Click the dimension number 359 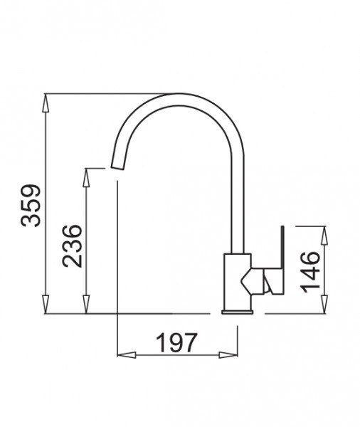click(31, 206)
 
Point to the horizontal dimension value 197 click(175, 344)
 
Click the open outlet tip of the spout click(118, 166)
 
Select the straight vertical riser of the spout click(237, 206)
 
